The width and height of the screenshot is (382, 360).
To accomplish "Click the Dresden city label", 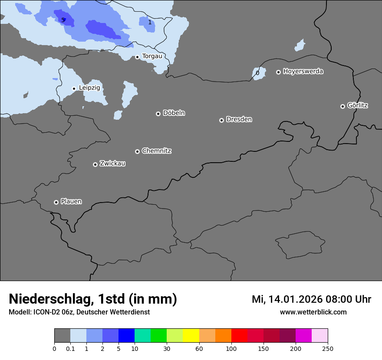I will (239, 119).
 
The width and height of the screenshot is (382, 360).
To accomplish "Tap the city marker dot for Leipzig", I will (74, 88).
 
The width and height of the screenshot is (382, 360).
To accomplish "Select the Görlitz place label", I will (358, 105).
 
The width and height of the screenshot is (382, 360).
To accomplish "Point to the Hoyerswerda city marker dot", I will (278, 72).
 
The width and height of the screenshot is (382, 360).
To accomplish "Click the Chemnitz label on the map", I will (156, 151).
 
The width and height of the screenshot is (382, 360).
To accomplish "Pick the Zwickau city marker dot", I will (95, 164).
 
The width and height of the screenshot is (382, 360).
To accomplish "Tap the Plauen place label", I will (71, 202).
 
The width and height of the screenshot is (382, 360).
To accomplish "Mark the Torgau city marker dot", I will (137, 57).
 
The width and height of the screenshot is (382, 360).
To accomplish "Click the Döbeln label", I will (174, 113).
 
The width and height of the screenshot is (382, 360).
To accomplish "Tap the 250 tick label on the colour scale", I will (328, 348).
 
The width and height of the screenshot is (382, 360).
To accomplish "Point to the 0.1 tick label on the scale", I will (70, 348).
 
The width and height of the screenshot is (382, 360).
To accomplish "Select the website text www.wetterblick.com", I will (313, 312).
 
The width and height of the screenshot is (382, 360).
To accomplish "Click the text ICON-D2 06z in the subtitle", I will (51, 312).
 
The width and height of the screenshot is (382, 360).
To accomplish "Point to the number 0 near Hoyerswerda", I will (257, 73).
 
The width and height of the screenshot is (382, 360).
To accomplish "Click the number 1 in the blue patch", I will (150, 22).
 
